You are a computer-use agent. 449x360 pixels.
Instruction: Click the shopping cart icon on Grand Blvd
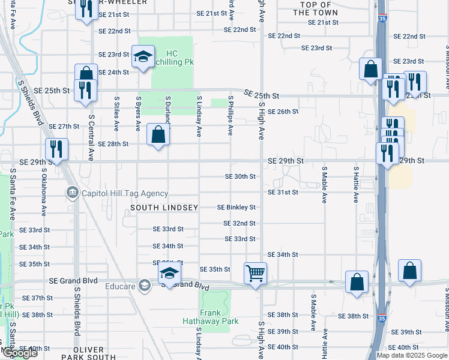click(x=256, y=274)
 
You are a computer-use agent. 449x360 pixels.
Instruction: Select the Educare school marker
click(x=144, y=286)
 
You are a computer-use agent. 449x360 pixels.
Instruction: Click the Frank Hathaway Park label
click(x=211, y=317)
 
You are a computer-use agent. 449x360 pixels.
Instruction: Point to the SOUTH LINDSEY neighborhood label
click(x=164, y=208)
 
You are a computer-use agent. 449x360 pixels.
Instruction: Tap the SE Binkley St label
click(x=236, y=208)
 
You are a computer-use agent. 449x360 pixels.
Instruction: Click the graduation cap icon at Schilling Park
click(x=143, y=56)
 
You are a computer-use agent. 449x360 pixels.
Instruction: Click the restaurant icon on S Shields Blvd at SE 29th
click(x=56, y=148)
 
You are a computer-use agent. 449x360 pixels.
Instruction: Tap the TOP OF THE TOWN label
click(x=316, y=8)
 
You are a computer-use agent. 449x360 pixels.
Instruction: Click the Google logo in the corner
click(x=19, y=353)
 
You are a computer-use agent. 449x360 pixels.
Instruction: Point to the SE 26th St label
click(x=283, y=112)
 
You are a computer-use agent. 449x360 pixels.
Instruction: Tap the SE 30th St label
click(x=240, y=177)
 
